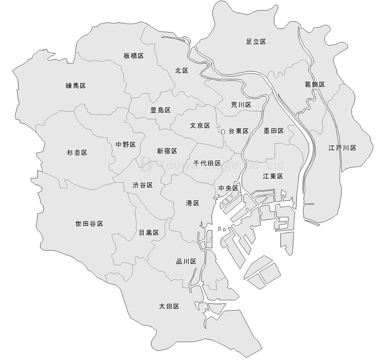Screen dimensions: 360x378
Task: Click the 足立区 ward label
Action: tap(256, 42)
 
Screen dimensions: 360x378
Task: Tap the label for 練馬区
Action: tap(76, 86)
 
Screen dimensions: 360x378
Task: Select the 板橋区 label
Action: tap(134, 56)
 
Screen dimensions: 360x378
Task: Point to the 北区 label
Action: tap(181, 71)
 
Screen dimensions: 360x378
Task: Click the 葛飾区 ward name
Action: tap(315, 84)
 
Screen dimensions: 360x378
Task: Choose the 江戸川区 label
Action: tap(342, 148)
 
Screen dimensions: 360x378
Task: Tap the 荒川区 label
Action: tap(241, 105)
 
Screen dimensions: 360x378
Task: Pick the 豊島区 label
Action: tap(160, 110)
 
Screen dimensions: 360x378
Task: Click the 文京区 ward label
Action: tap(200, 126)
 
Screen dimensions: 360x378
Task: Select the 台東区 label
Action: tap(238, 131)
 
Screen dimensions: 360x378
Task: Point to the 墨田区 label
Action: tap(273, 131)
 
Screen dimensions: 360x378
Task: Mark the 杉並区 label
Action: tap(77, 153)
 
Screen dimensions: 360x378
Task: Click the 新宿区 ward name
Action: tap(167, 151)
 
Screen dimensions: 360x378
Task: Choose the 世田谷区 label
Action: tap(89, 224)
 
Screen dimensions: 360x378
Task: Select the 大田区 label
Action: tap(169, 306)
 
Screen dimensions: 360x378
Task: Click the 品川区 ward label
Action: tap(186, 262)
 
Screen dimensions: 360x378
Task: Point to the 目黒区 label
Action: tap(149, 233)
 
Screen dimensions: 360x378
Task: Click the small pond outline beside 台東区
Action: tap(224, 132)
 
